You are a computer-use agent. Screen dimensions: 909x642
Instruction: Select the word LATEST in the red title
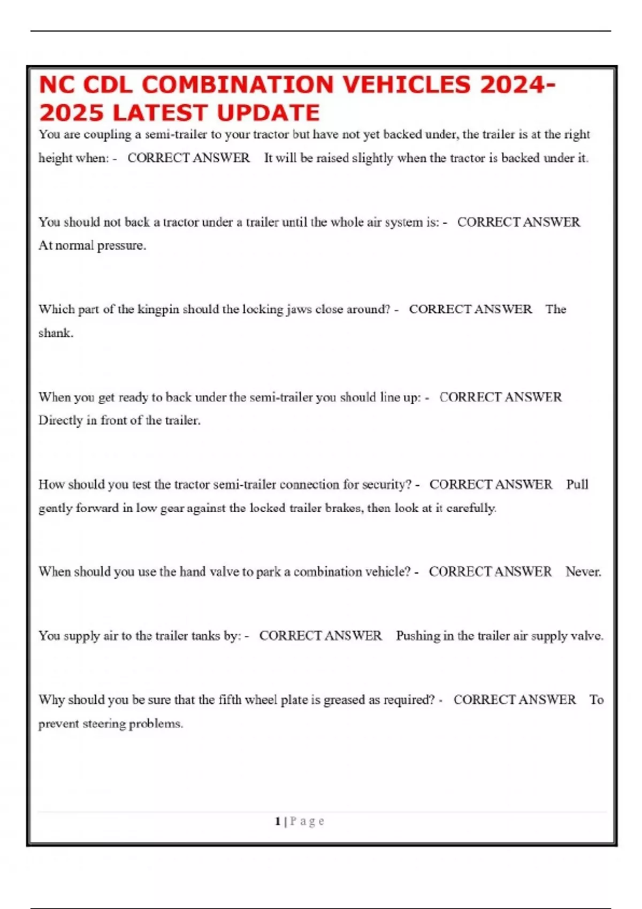pyautogui.click(x=160, y=113)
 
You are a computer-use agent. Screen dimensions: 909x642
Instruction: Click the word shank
pyautogui.click(x=56, y=333)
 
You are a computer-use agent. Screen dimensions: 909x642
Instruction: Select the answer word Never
pyautogui.click(x=583, y=572)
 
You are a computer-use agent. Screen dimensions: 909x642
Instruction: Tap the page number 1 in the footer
pyautogui.click(x=278, y=821)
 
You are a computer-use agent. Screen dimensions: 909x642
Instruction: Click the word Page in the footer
pyautogui.click(x=307, y=821)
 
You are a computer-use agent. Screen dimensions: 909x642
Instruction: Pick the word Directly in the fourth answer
pyautogui.click(x=60, y=421)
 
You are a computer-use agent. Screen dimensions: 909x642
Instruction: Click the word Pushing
pyautogui.click(x=417, y=636)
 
